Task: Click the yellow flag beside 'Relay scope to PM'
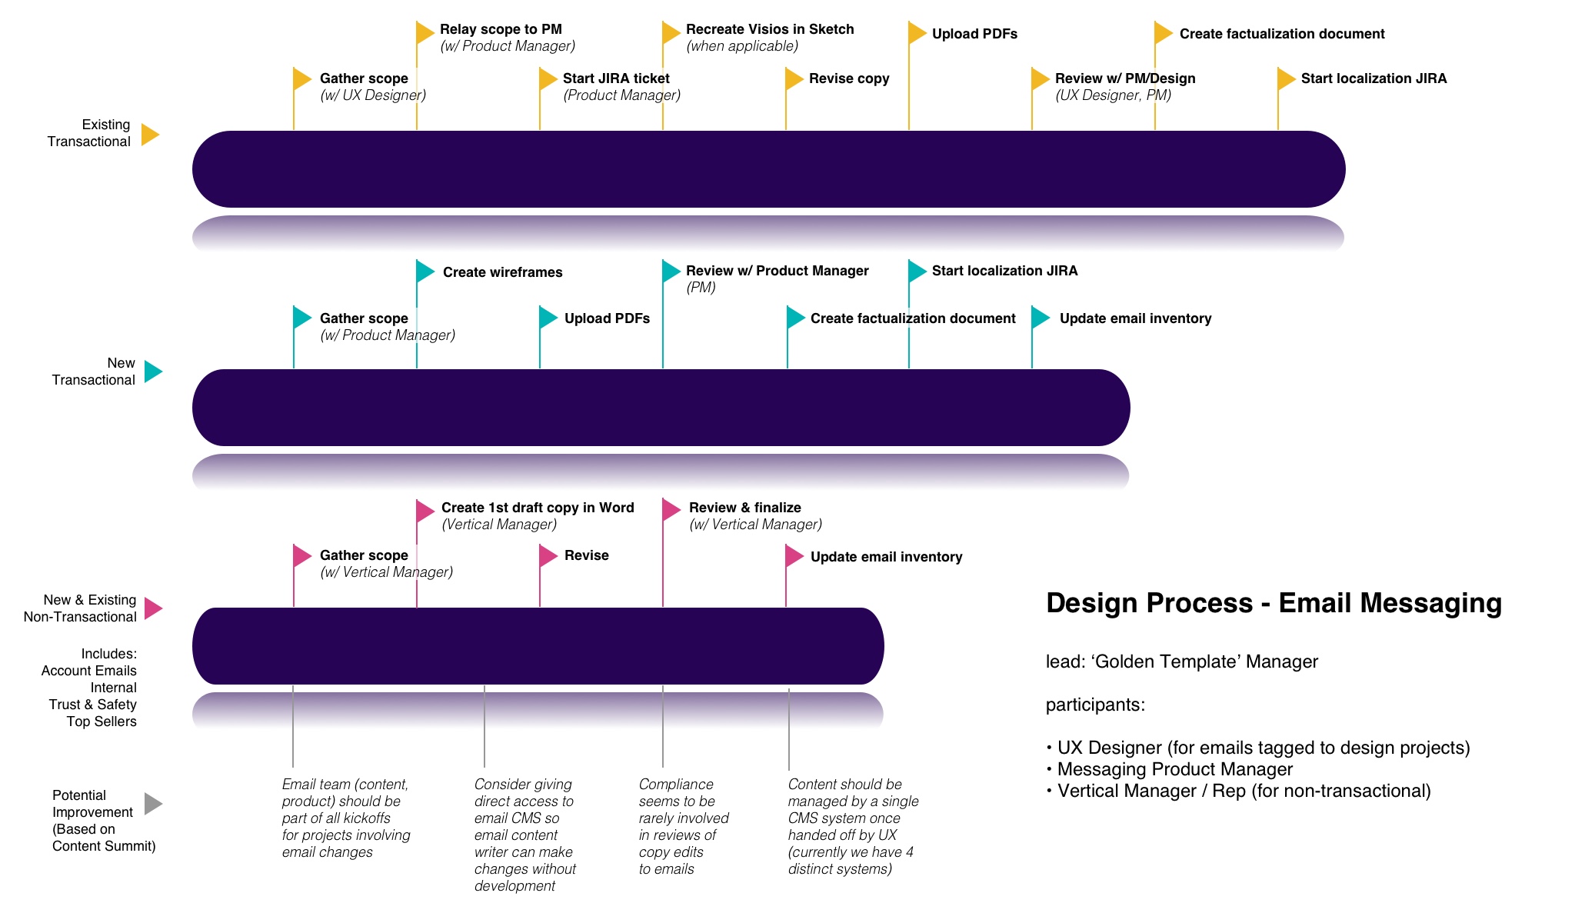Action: point(425,32)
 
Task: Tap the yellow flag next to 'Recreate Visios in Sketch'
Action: point(671,32)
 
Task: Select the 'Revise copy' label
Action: point(848,78)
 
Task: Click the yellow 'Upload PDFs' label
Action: point(974,34)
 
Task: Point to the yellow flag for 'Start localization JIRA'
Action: point(1286,78)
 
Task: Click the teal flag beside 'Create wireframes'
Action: point(425,271)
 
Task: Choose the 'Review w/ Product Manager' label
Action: point(777,271)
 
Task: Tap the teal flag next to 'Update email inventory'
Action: point(1040,317)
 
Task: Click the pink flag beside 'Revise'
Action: point(548,555)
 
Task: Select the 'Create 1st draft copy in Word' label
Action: point(537,508)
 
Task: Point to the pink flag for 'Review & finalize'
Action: point(671,509)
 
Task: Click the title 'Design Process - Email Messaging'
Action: point(1274,603)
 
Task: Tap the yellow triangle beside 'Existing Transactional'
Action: point(150,135)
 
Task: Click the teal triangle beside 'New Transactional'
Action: point(153,372)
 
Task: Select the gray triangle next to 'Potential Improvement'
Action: point(153,804)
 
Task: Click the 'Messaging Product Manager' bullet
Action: point(1174,769)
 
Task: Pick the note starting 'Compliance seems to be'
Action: point(683,826)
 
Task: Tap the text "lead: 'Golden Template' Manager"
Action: point(1181,661)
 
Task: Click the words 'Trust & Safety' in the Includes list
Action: point(92,705)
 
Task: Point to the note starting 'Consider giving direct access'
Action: point(524,835)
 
